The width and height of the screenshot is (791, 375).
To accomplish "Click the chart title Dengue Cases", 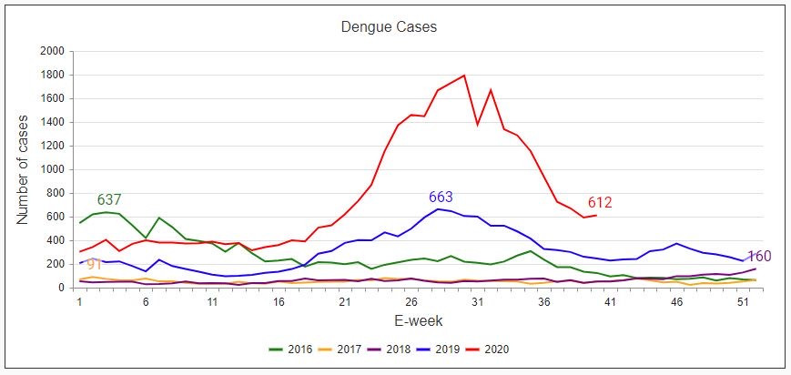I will pyautogui.click(x=389, y=27).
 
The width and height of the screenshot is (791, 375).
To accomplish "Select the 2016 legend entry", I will pyautogui.click(x=292, y=349).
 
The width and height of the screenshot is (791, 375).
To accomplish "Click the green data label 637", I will pyautogui.click(x=109, y=200).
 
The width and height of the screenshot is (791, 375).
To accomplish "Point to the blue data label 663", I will pyautogui.click(x=441, y=198).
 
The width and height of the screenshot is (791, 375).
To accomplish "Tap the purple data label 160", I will pyautogui.click(x=759, y=257).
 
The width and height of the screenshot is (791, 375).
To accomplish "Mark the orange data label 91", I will pyautogui.click(x=94, y=265).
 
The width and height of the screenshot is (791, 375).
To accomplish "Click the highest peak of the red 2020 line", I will pyautogui.click(x=464, y=76).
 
